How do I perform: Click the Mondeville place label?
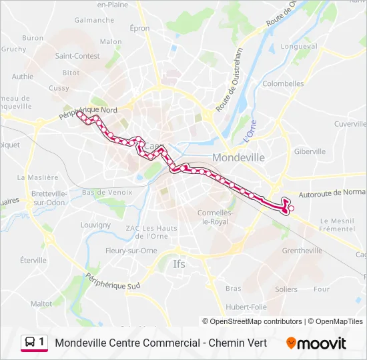[238, 157]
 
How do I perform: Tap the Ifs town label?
[179, 264]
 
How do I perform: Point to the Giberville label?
[310, 151]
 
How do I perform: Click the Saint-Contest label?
[77, 56]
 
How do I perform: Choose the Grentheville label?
[302, 251]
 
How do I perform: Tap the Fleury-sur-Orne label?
[129, 251]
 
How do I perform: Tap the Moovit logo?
[316, 343]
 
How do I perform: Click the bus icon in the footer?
[30, 343]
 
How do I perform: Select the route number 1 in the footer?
[42, 343]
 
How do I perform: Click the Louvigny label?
[95, 225]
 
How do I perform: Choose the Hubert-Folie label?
[246, 307]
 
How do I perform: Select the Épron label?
[140, 28]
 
